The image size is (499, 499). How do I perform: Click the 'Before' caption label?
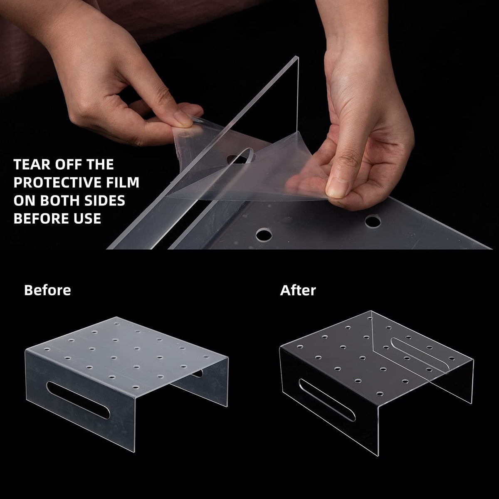click(x=47, y=290)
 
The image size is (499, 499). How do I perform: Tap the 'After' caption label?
click(x=298, y=290)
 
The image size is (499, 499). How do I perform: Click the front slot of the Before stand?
click(x=78, y=399)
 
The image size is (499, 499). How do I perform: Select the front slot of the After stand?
click(x=327, y=400)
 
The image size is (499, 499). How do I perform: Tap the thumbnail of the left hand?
click(x=183, y=118)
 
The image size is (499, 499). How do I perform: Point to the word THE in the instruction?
click(x=100, y=164)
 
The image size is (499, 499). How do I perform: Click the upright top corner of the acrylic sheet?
click(x=298, y=57)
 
